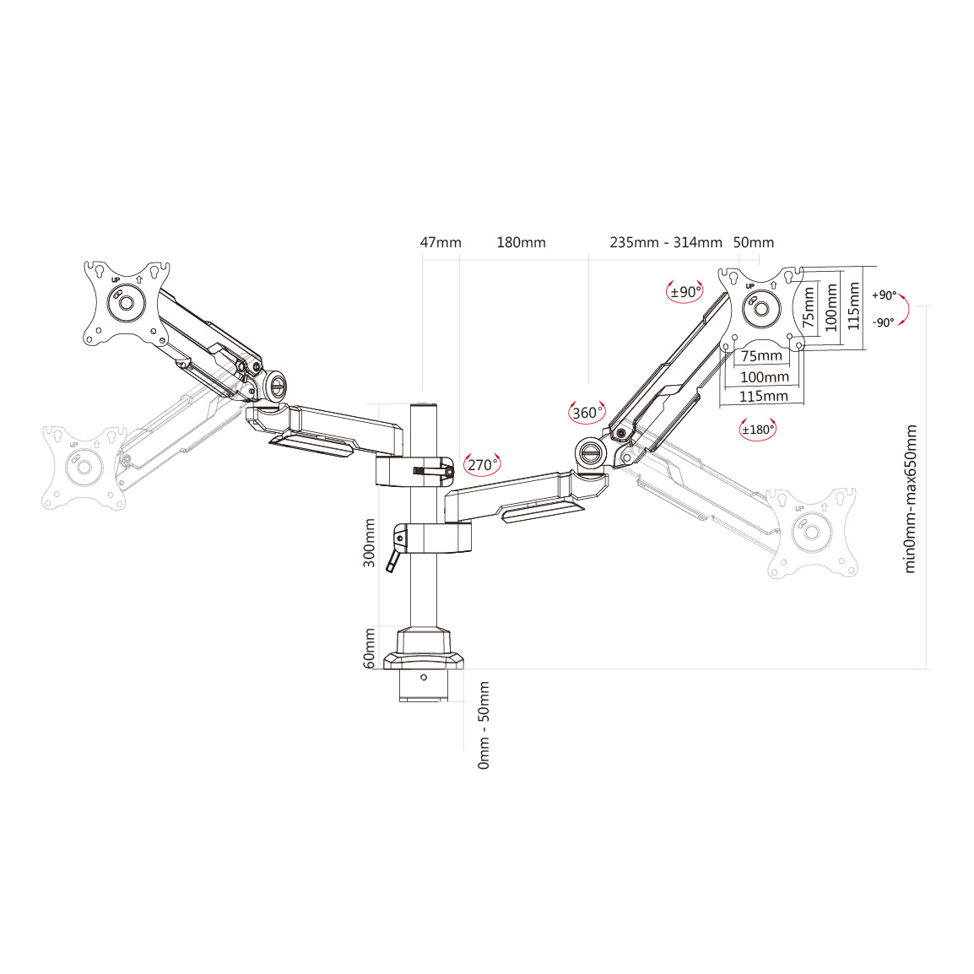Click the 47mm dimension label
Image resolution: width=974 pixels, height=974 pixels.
pos(441,243)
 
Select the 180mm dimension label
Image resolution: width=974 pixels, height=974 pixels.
pos(521,243)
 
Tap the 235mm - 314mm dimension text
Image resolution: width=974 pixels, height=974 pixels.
pos(666,243)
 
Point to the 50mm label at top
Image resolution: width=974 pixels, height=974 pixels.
pos(753,243)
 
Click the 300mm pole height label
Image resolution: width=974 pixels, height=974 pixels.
pos(370,543)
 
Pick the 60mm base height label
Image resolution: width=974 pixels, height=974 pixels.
pos(370,648)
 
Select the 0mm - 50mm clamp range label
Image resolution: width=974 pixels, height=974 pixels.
pos(484,725)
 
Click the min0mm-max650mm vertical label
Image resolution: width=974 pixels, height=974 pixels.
pos(910,499)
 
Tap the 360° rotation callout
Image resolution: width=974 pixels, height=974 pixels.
pos(587,413)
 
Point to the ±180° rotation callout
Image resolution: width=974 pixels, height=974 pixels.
pos(757,430)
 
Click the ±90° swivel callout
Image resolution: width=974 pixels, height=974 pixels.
pos(685,292)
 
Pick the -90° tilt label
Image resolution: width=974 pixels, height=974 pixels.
pos(883,322)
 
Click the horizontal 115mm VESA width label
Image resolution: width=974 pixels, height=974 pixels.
pos(763,396)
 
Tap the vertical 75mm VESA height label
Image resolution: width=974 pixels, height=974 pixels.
pos(809,308)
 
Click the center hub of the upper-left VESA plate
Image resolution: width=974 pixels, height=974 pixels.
pos(125,302)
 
